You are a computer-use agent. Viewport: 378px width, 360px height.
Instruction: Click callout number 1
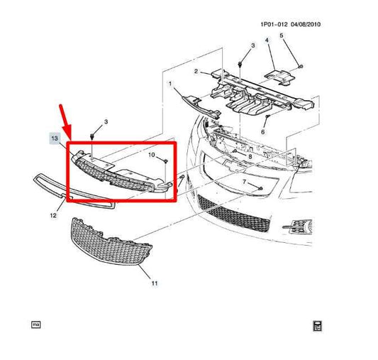[x=169, y=84]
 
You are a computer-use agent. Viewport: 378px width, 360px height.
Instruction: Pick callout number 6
[x=263, y=131]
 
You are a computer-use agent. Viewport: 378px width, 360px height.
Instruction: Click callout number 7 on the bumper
[x=244, y=183]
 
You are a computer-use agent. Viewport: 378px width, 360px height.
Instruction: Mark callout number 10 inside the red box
[x=150, y=154]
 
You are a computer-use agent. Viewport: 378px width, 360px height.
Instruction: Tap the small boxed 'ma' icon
[x=35, y=324]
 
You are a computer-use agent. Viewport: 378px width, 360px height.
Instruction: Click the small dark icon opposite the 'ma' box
[x=318, y=326]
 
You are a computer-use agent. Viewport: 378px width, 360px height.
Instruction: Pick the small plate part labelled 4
[x=281, y=75]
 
